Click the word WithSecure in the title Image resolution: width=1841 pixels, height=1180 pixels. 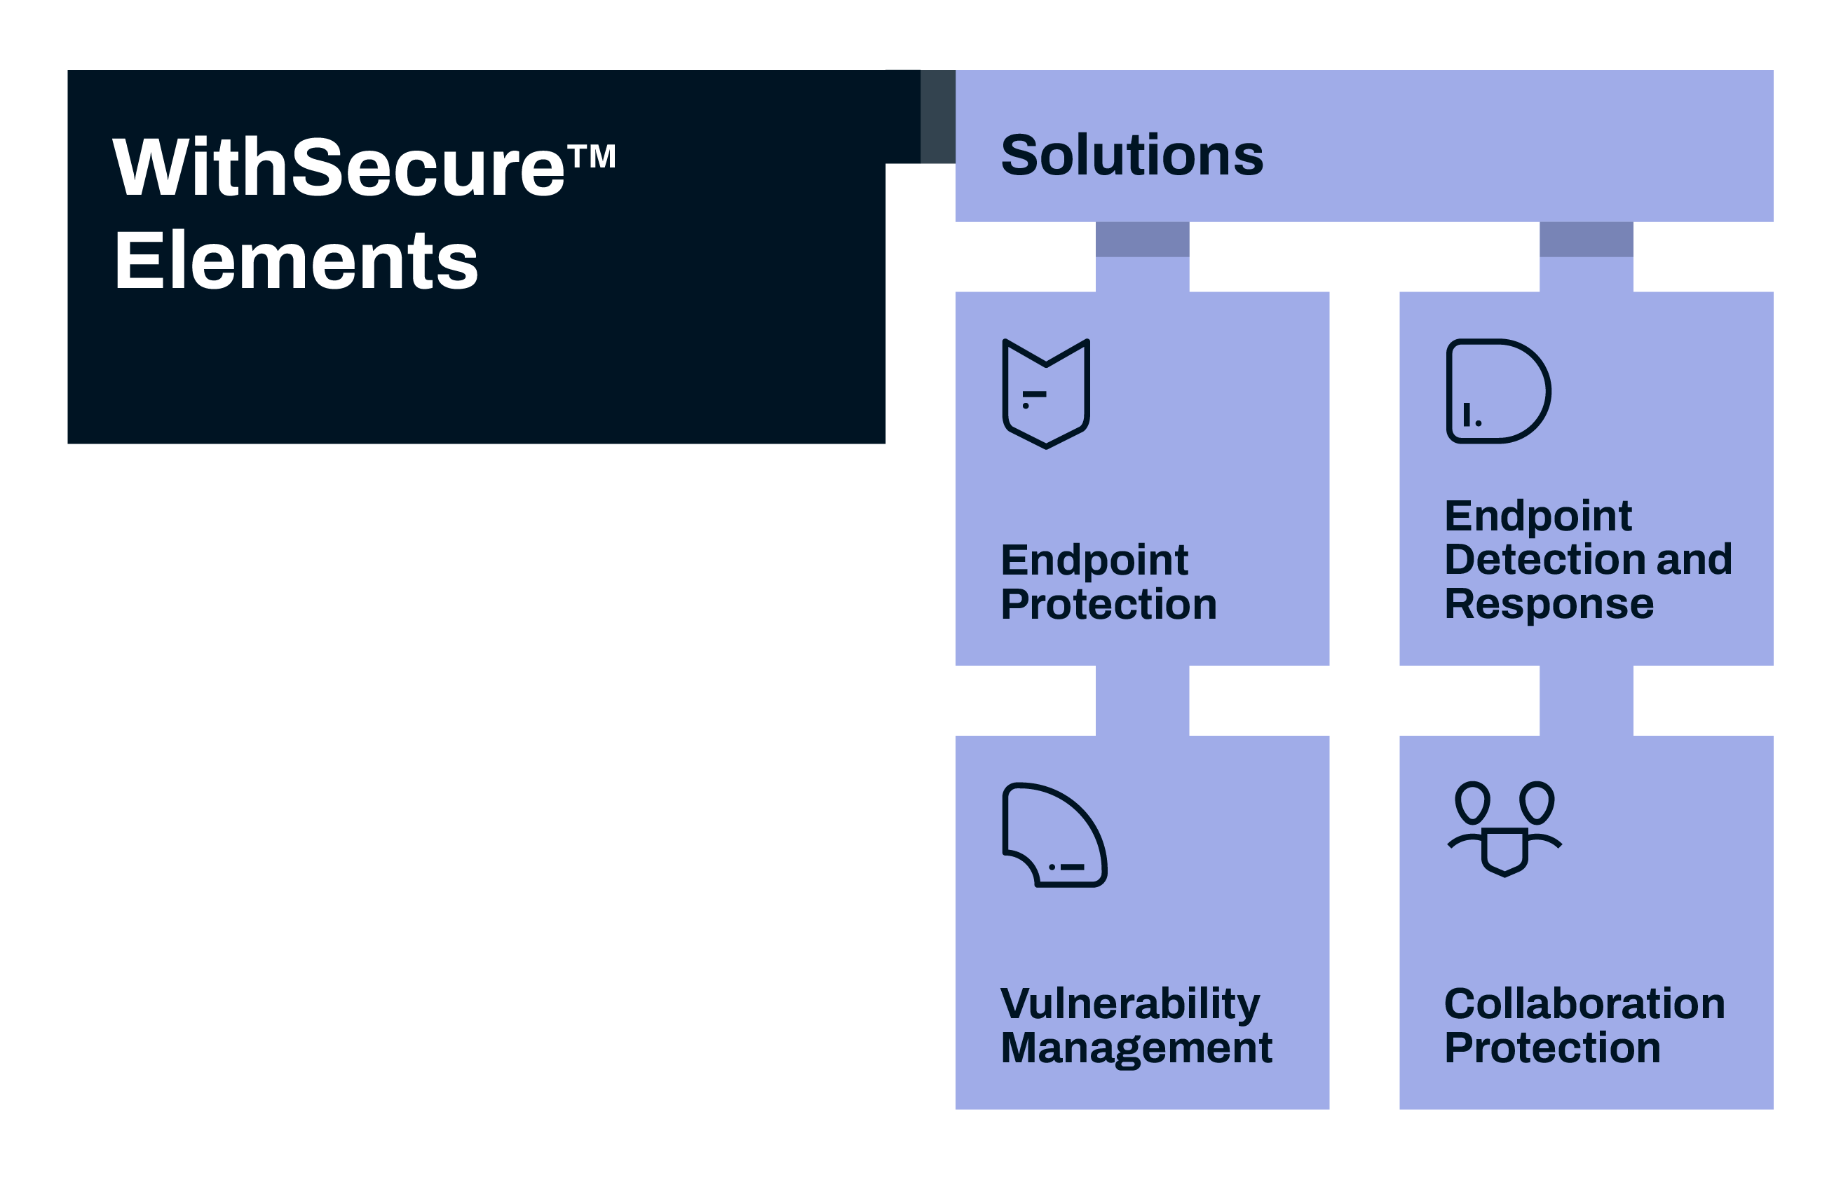(x=339, y=166)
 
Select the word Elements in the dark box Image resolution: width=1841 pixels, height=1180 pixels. (x=296, y=261)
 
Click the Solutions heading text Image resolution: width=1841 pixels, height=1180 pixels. (x=1132, y=155)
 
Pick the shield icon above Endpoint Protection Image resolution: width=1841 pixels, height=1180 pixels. (x=1046, y=394)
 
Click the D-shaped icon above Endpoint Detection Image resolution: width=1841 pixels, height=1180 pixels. (x=1498, y=391)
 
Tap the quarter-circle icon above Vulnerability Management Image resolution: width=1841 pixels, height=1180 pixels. (x=1054, y=835)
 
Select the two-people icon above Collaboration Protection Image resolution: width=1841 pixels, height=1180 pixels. (x=1504, y=828)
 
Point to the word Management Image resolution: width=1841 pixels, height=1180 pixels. (x=1136, y=1048)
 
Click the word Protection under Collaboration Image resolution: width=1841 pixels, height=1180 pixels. (x=1553, y=1048)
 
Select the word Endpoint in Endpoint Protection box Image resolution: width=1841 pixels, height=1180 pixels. (x=1094, y=560)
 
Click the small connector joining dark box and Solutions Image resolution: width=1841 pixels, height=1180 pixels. (x=938, y=116)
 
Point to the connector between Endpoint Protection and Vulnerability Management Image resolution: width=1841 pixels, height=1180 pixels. (x=1143, y=700)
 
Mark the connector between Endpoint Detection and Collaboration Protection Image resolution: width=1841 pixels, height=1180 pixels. (x=1587, y=700)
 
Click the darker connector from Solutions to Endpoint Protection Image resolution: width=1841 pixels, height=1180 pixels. (x=1143, y=239)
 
